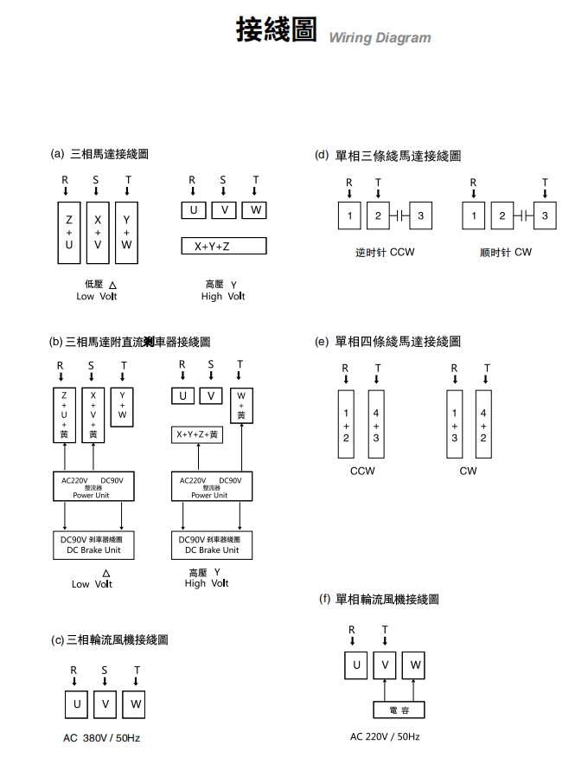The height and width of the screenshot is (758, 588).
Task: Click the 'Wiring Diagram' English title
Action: (380, 37)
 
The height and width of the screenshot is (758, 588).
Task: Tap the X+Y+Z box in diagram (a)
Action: (224, 247)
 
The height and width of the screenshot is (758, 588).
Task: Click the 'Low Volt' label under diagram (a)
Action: (97, 290)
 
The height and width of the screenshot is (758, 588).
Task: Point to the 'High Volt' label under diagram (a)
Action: (223, 290)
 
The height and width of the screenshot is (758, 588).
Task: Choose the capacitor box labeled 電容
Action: (399, 710)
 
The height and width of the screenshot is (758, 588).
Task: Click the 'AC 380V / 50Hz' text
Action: (101, 738)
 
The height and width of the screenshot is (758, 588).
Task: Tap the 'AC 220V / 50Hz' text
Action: (385, 736)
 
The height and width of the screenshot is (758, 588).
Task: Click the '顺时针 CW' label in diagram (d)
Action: (506, 253)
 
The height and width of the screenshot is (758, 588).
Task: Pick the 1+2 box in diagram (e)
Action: (346, 425)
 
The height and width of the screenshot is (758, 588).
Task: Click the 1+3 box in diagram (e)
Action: (455, 425)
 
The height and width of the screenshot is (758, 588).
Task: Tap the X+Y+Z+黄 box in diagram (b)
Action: (197, 434)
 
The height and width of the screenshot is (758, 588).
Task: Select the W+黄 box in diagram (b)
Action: (241, 406)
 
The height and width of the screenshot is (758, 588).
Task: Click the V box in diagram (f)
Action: (385, 665)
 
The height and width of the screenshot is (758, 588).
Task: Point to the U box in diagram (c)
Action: (76, 704)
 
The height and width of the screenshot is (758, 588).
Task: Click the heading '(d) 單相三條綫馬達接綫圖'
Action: (387, 156)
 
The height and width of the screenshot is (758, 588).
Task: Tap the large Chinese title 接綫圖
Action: (277, 29)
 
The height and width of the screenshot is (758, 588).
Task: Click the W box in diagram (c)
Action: (134, 704)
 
